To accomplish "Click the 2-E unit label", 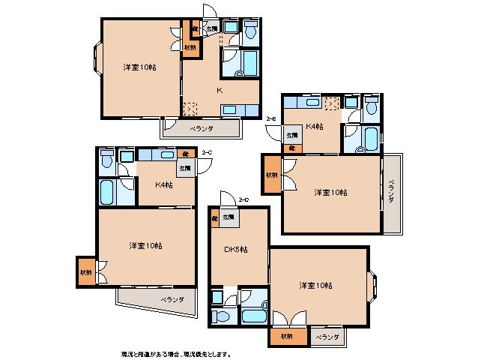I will pyautogui.click(x=271, y=119).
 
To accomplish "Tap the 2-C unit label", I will pyautogui.click(x=207, y=153).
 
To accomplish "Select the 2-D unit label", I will pyautogui.click(x=243, y=199).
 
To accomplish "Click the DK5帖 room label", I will pyautogui.click(x=236, y=249).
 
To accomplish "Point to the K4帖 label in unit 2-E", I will pyautogui.click(x=314, y=126).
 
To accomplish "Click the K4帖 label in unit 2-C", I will pyautogui.click(x=164, y=184).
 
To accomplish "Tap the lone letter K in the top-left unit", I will pyautogui.click(x=219, y=90).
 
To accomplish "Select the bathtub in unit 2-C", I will pyautogui.click(x=106, y=193).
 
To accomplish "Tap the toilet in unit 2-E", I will pyautogui.click(x=372, y=107).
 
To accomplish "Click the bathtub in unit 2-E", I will pyautogui.click(x=370, y=139).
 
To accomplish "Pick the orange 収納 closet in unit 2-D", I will pyautogui.click(x=287, y=337).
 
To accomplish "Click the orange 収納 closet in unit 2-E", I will pyautogui.click(x=270, y=175).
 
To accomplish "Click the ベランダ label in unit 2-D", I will pyautogui.click(x=327, y=338).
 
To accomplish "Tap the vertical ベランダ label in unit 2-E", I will pyautogui.click(x=390, y=193).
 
